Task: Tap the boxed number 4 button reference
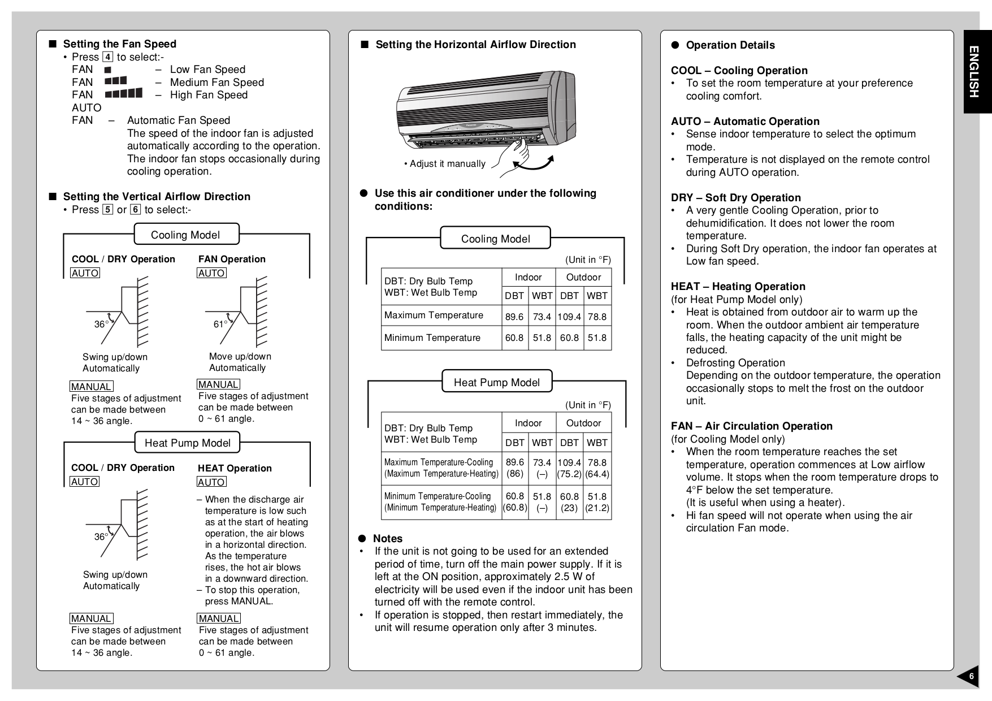(107, 57)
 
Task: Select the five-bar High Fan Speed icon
(124, 94)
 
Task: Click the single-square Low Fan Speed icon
(107, 70)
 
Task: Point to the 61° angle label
(220, 324)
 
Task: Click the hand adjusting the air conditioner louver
(515, 154)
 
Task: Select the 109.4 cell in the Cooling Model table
(569, 317)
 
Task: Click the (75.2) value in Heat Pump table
(569, 474)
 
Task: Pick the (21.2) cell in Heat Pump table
(597, 508)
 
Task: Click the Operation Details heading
(730, 45)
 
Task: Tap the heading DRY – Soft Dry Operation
(735, 198)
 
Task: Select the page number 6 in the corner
(971, 677)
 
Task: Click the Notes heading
(387, 539)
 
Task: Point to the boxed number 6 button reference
(135, 210)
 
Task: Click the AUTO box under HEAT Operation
(211, 482)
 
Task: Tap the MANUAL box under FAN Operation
(218, 384)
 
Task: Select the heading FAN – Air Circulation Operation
(751, 426)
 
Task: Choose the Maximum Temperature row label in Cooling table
(434, 315)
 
